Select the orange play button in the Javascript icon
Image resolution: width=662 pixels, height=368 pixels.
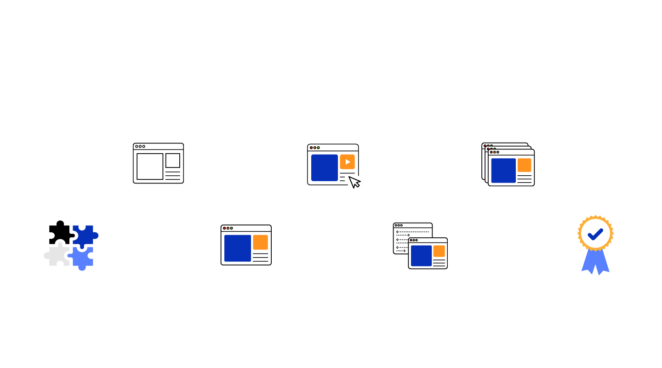coord(347,162)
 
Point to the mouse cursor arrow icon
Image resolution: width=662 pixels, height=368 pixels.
coord(355,182)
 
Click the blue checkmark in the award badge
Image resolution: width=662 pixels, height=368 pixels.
coord(595,234)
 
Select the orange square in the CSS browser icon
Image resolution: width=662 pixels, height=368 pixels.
coord(260,242)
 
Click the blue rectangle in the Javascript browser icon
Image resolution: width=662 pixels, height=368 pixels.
coord(325,167)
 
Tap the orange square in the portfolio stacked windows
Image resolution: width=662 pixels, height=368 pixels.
coord(524,165)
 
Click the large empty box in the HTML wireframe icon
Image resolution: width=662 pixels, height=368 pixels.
coord(149,167)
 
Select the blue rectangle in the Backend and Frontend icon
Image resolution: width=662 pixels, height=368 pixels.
coord(421,256)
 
